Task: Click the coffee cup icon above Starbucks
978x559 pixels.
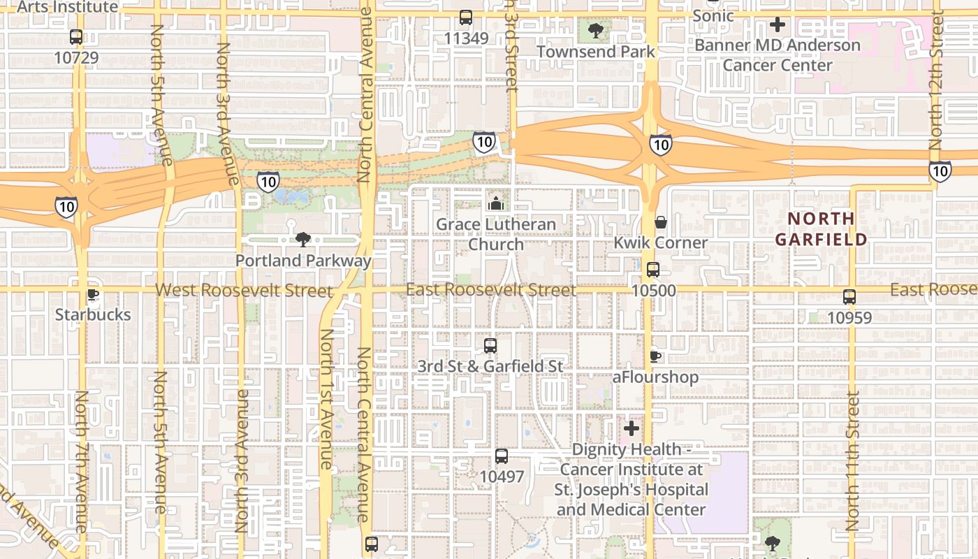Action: (x=92, y=294)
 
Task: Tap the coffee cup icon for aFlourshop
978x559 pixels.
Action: (x=655, y=356)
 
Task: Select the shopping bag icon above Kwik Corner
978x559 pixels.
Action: (x=660, y=222)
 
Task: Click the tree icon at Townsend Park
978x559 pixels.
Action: (x=596, y=30)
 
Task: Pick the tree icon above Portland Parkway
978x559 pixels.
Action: (x=303, y=240)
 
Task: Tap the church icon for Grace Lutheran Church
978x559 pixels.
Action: (x=496, y=203)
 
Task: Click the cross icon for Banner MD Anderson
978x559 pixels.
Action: (x=777, y=25)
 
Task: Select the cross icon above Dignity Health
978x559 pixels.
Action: (x=632, y=428)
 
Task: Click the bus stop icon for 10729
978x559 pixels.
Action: (x=76, y=37)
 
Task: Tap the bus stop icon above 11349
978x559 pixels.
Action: (x=466, y=17)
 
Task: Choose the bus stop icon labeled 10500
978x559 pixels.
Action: (x=653, y=270)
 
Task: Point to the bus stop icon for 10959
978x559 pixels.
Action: (x=849, y=297)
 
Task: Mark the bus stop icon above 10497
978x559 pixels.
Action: (x=502, y=456)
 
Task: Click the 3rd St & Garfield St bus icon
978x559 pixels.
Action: (x=490, y=346)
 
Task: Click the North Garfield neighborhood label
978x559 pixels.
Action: (x=821, y=228)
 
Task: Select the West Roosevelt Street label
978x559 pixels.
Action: (x=243, y=290)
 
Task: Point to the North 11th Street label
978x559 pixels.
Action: (x=853, y=461)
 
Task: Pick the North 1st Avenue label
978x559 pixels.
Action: (x=326, y=398)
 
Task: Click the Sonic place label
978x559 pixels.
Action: (x=713, y=15)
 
